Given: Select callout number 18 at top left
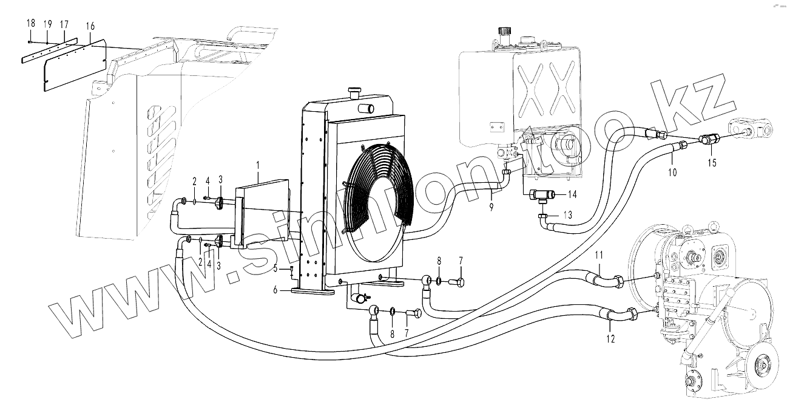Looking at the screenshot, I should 31,23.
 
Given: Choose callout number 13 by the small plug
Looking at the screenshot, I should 568,215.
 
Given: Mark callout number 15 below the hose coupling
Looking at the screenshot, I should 712,163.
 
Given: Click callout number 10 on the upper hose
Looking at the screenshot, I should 672,172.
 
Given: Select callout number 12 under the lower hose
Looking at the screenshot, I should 610,338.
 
